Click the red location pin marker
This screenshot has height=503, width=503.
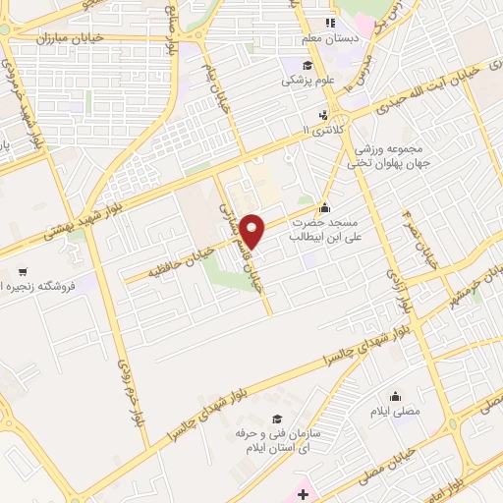(253, 231)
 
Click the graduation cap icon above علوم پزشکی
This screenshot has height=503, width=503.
(293, 65)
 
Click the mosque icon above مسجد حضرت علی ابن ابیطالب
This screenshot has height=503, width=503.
(325, 207)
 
